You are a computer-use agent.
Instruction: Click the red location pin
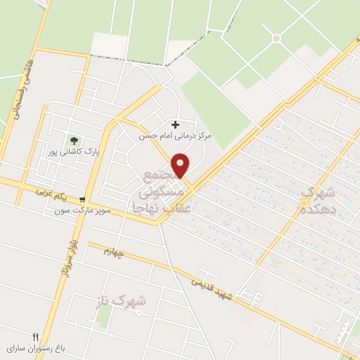click(x=181, y=165)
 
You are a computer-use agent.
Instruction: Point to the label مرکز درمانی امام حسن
click(x=175, y=136)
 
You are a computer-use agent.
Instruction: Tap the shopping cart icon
click(x=84, y=199)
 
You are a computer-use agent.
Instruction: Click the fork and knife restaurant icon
click(x=34, y=337)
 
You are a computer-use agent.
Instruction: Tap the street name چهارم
click(x=114, y=252)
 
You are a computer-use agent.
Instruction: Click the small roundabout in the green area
click(x=276, y=38)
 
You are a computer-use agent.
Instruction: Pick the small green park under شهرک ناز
click(x=104, y=317)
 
